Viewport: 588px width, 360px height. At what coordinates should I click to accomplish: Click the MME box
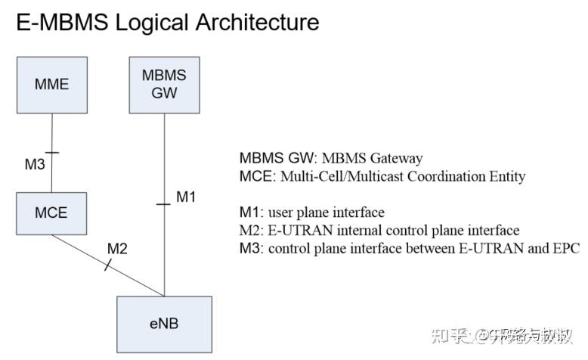(x=51, y=84)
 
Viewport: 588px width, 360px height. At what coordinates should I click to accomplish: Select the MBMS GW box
(x=165, y=84)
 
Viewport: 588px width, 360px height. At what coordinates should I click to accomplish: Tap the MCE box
(x=51, y=213)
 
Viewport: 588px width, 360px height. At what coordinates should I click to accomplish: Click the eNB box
(x=164, y=324)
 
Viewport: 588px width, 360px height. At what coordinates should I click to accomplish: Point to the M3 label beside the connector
(x=35, y=164)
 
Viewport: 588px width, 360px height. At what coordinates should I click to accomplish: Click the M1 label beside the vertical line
(x=186, y=197)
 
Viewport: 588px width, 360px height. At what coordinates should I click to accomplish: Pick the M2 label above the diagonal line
(x=117, y=248)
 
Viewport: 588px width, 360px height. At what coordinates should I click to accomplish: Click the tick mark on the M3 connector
(x=51, y=154)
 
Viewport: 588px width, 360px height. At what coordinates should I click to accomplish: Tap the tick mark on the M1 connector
(x=165, y=203)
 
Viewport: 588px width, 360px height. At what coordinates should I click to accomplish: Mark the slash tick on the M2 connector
(x=107, y=263)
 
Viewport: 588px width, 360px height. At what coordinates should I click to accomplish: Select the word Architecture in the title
(x=256, y=22)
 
